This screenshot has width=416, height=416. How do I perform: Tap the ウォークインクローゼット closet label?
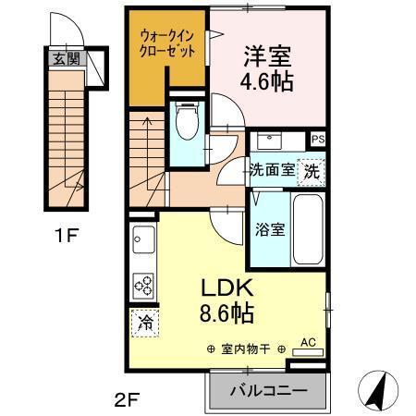[167, 44]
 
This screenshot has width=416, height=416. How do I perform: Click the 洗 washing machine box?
[313, 170]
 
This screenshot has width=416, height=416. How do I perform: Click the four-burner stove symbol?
[144, 285]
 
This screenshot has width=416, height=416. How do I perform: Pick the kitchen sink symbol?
[142, 243]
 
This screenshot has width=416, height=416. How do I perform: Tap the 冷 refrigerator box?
[144, 324]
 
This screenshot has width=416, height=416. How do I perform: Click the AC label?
[309, 343]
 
